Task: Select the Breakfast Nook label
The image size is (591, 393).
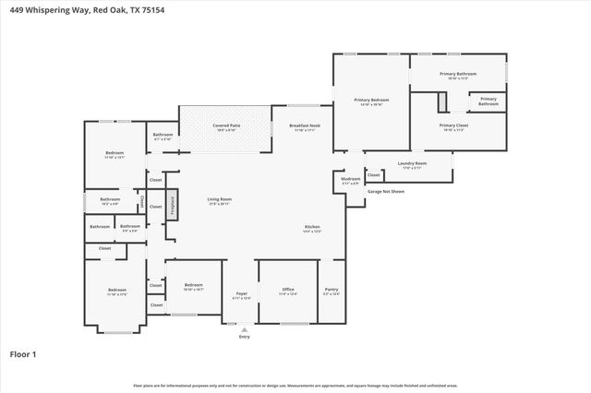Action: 304,126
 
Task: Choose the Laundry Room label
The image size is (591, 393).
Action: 412,164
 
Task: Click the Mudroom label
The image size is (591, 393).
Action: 351,180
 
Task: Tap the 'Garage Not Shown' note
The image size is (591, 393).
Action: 385,192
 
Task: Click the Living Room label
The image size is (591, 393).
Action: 219,200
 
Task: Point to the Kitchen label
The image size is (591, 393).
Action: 313,228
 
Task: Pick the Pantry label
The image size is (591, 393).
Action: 332,291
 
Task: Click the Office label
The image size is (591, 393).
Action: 288,291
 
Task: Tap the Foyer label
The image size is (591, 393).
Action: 240,295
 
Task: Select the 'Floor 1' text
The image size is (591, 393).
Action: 23,353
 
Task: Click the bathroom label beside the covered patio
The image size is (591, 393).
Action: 163,137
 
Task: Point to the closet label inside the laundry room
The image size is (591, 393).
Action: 373,174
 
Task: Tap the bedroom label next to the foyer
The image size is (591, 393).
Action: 193,286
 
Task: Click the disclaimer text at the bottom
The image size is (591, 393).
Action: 295,384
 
